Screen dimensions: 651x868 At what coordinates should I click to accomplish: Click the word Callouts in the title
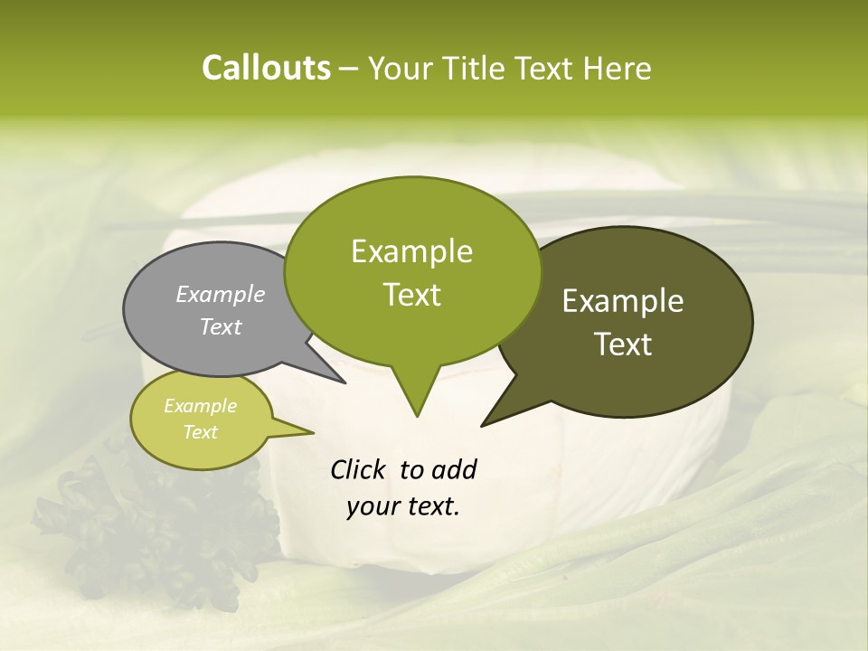tap(266, 68)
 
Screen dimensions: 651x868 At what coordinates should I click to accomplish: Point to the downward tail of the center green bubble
tap(416, 398)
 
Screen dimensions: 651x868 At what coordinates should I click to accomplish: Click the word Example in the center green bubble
tap(412, 251)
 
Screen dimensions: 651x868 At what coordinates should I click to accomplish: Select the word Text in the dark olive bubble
tap(623, 344)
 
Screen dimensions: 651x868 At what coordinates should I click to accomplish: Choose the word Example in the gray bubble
tap(221, 294)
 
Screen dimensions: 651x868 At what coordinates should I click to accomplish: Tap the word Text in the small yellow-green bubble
tap(201, 432)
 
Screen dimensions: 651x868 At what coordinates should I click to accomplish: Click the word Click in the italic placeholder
tap(358, 469)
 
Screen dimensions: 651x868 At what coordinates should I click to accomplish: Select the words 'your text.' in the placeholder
tap(403, 506)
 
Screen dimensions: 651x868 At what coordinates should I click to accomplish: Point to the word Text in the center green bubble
tap(412, 295)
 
